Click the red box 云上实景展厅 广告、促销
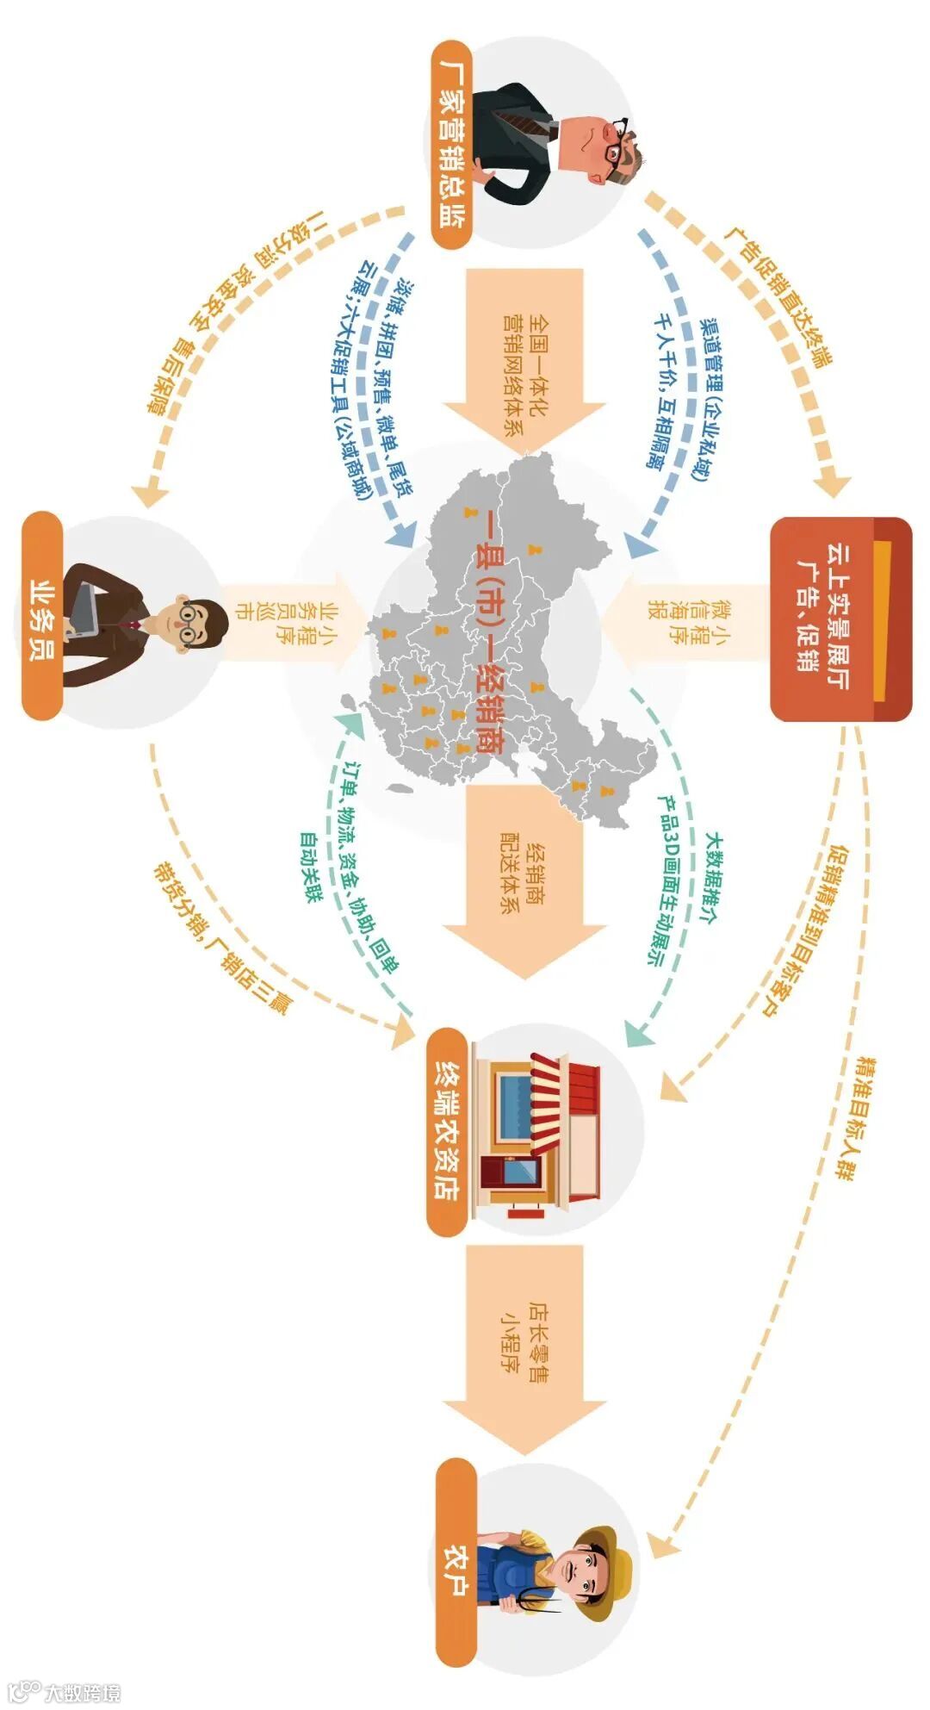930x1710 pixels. tap(840, 619)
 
